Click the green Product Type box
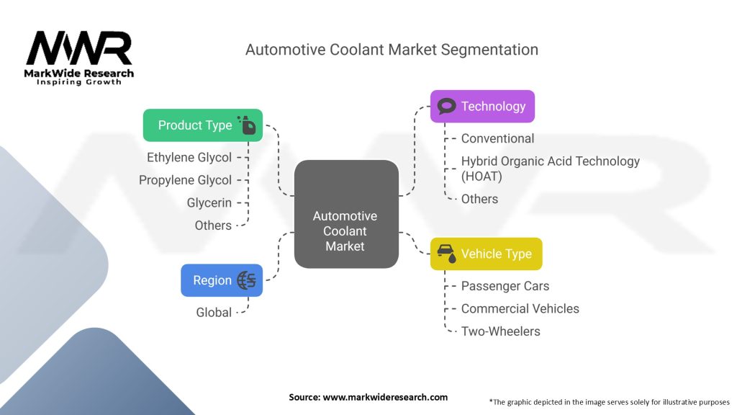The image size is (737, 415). [x=202, y=125]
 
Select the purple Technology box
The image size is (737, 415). [x=482, y=107]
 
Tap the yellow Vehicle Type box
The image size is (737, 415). [x=486, y=254]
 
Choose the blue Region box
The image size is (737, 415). [x=222, y=280]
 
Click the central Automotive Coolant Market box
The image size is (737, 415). [x=346, y=214]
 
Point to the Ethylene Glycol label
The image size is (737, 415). [x=189, y=158]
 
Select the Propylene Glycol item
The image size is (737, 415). [x=185, y=180]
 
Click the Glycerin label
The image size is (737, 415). [x=209, y=202]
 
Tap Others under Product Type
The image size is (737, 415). [x=213, y=226]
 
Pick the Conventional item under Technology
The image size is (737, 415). [x=497, y=138]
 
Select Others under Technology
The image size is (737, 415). [x=479, y=199]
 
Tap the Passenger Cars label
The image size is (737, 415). [x=505, y=286]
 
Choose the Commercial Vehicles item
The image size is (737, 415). [x=520, y=308]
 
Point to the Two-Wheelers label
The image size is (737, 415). [x=501, y=331]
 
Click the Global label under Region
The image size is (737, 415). [x=214, y=313]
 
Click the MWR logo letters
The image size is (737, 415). [x=79, y=48]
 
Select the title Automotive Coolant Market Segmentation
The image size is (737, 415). [x=392, y=50]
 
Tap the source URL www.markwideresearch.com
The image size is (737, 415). [x=385, y=397]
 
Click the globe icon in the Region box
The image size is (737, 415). [x=247, y=280]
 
